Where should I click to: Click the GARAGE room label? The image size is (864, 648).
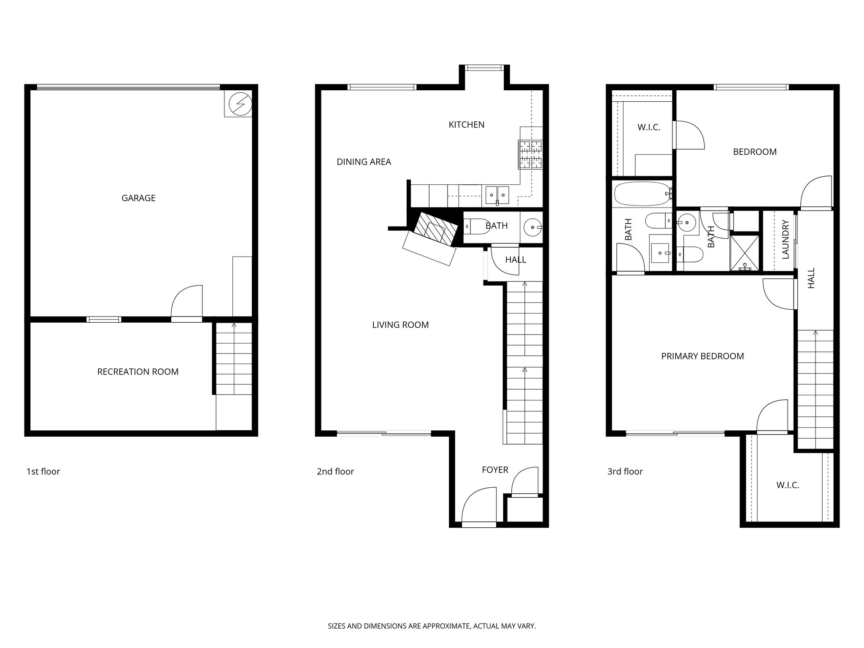138,198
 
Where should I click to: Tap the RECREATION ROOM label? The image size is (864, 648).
138,372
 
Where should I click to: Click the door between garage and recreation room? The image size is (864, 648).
187,303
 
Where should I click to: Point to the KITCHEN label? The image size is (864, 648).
466,124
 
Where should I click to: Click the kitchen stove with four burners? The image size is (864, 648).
530,154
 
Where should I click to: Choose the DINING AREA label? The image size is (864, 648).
364,162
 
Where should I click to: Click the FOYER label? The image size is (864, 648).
495,470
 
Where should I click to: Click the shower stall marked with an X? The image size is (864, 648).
745,252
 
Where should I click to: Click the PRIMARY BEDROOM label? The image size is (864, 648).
702,356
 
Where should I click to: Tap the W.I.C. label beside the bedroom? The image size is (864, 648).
648,127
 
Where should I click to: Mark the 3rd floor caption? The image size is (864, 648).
625,471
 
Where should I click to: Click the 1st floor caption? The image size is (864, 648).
43,471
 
